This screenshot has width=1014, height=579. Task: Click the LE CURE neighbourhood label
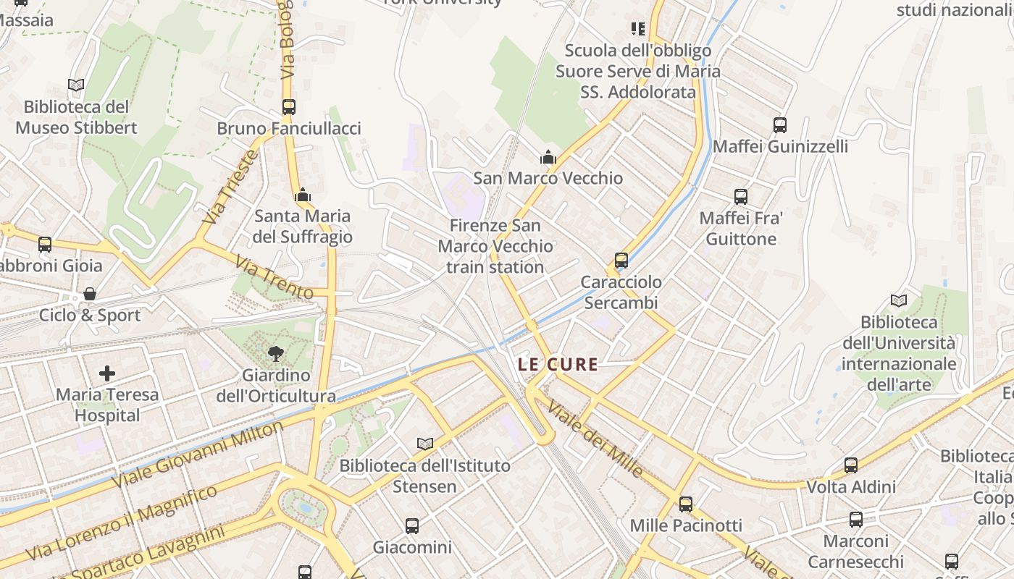click(x=558, y=364)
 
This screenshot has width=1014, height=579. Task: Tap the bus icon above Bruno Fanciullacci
click(x=288, y=107)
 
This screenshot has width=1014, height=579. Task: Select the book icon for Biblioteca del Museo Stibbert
click(x=76, y=85)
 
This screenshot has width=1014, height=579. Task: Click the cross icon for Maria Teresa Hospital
click(x=107, y=373)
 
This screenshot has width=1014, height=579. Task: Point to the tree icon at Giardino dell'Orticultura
click(x=275, y=354)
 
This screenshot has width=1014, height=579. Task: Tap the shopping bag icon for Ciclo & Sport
click(x=89, y=294)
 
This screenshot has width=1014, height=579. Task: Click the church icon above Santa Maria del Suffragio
click(x=303, y=195)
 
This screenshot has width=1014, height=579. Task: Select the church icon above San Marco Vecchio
click(x=548, y=157)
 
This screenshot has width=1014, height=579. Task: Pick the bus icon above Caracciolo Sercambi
click(x=621, y=261)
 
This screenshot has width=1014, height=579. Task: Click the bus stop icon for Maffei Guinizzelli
click(x=779, y=125)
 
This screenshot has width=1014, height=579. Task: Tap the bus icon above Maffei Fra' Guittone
click(x=740, y=197)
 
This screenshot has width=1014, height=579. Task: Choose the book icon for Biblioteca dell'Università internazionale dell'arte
click(x=899, y=300)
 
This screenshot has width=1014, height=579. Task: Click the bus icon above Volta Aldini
click(x=851, y=465)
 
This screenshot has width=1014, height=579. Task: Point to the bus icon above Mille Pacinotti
click(x=685, y=504)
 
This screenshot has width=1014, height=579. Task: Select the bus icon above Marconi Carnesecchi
click(x=855, y=520)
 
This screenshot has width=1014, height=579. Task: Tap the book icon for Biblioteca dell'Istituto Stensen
click(x=425, y=444)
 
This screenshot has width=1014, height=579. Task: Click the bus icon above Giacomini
click(x=411, y=526)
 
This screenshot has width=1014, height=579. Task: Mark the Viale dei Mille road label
click(x=595, y=439)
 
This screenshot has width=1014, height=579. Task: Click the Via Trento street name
click(x=275, y=276)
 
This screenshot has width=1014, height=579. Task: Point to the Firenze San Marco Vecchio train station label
click(x=495, y=246)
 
